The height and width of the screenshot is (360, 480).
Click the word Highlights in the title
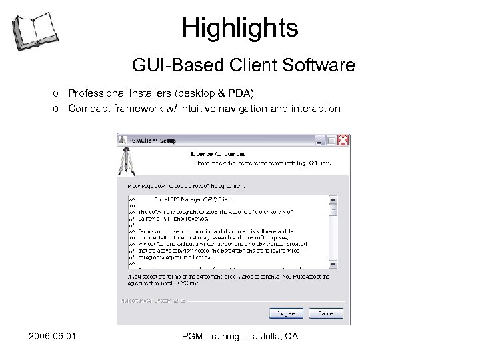(240, 28)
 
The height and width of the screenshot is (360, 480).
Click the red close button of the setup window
(343, 141)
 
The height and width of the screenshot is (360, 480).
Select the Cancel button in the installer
(325, 313)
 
